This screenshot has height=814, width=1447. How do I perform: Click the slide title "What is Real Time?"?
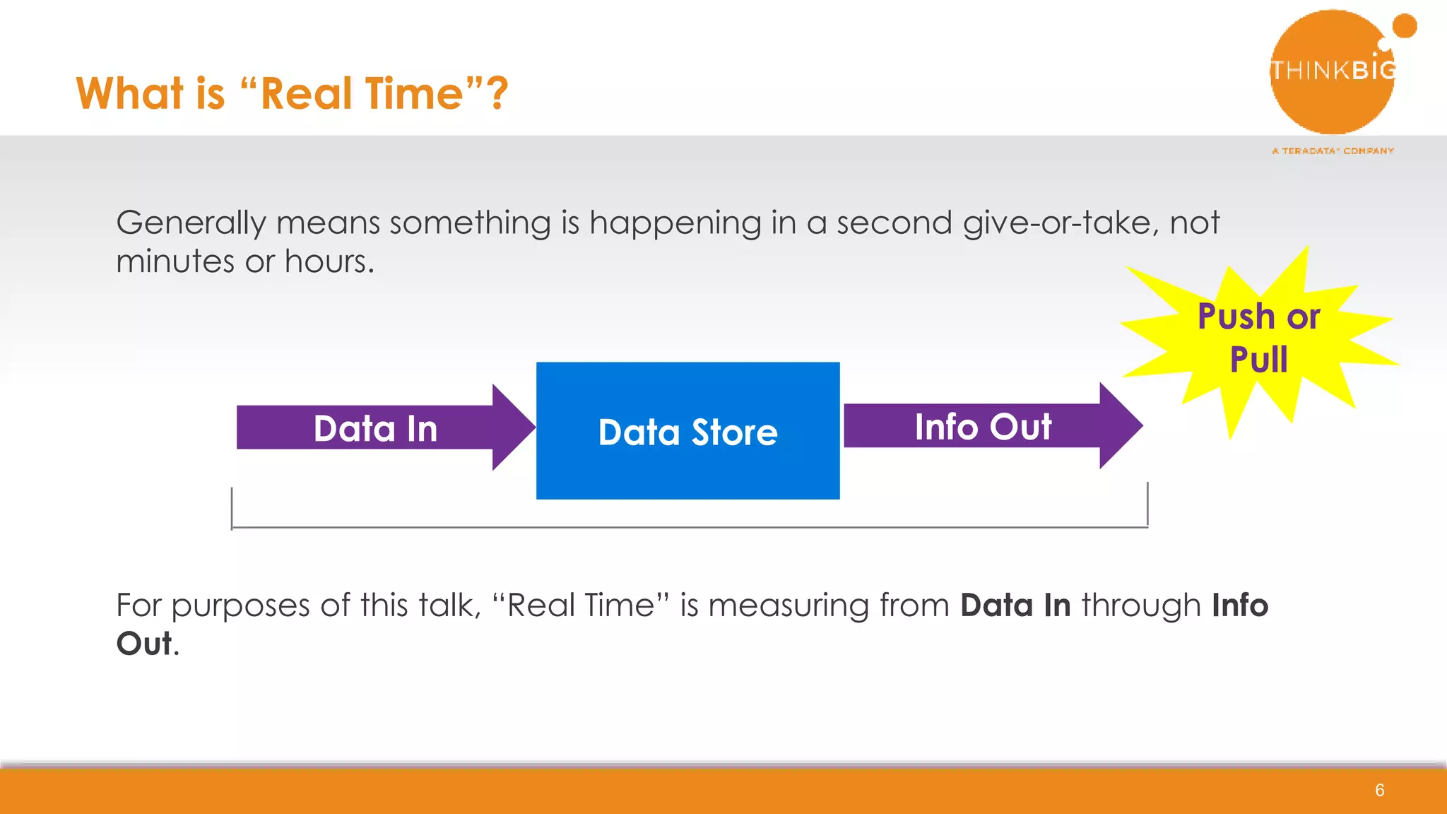[292, 93]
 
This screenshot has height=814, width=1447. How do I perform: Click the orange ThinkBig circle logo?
[1331, 71]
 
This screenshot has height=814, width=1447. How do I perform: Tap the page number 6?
[1379, 790]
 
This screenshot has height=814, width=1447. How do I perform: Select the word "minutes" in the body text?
[175, 261]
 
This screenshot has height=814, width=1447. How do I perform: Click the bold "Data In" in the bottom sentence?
[1015, 606]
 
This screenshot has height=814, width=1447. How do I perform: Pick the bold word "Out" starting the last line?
[144, 644]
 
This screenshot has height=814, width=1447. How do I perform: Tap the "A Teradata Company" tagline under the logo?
[1333, 151]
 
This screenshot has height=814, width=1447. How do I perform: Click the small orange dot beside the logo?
[1404, 26]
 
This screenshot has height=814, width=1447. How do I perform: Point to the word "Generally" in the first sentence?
[191, 223]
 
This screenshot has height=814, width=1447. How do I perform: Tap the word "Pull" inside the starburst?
[1258, 360]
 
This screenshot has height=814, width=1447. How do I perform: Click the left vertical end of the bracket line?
[232, 507]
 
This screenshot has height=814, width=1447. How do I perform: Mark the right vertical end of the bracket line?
[1147, 505]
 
